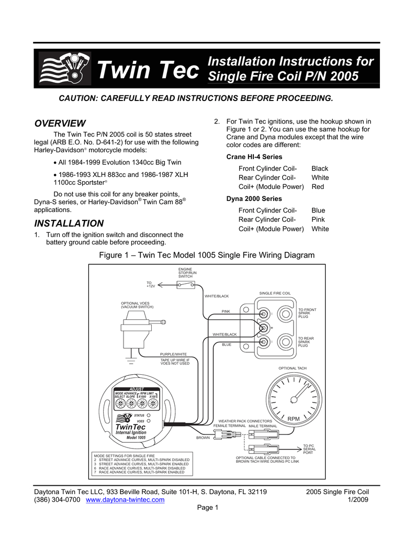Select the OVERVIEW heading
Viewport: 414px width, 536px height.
[60, 124]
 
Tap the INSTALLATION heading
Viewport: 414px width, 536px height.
[69, 223]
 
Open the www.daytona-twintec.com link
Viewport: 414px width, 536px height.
[125, 500]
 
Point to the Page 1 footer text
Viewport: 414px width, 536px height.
[207, 509]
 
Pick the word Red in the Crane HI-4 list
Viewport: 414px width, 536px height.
[318, 186]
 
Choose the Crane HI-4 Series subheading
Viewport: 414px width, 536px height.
[254, 157]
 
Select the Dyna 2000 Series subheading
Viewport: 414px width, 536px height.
[254, 199]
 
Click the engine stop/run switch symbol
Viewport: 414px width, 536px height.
[185, 285]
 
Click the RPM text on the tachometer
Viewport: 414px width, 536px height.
[294, 419]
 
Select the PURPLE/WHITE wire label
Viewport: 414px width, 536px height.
[173, 354]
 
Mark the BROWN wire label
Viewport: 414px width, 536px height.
[203, 438]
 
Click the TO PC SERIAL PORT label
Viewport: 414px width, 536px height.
[309, 449]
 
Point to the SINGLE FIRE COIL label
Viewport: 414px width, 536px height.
[275, 293]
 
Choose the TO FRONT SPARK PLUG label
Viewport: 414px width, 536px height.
[307, 313]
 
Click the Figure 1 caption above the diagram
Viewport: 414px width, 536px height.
[207, 255]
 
